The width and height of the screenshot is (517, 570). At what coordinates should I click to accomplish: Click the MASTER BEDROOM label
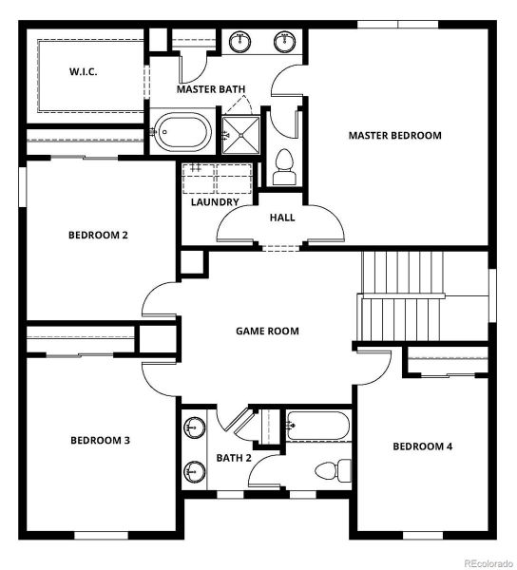(x=394, y=135)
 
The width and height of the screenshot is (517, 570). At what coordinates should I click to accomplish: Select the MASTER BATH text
(x=211, y=89)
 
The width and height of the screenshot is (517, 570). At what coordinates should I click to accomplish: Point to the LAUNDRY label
(x=214, y=201)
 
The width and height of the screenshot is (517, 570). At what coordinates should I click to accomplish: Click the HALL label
(x=281, y=217)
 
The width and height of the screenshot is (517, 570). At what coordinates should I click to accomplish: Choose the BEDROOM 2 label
(x=98, y=235)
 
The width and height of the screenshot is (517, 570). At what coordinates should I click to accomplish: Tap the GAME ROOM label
(x=267, y=331)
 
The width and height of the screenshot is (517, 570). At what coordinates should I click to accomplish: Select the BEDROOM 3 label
(x=100, y=440)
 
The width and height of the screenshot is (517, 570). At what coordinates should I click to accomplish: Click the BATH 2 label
(x=233, y=458)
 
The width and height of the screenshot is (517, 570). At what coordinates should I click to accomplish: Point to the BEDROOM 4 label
(x=422, y=446)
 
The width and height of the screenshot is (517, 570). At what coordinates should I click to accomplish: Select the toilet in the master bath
(x=283, y=167)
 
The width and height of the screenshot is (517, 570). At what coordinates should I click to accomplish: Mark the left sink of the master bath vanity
(x=239, y=41)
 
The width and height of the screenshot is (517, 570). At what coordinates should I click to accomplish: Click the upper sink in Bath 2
(x=195, y=428)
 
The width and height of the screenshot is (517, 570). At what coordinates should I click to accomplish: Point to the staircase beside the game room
(x=402, y=294)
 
